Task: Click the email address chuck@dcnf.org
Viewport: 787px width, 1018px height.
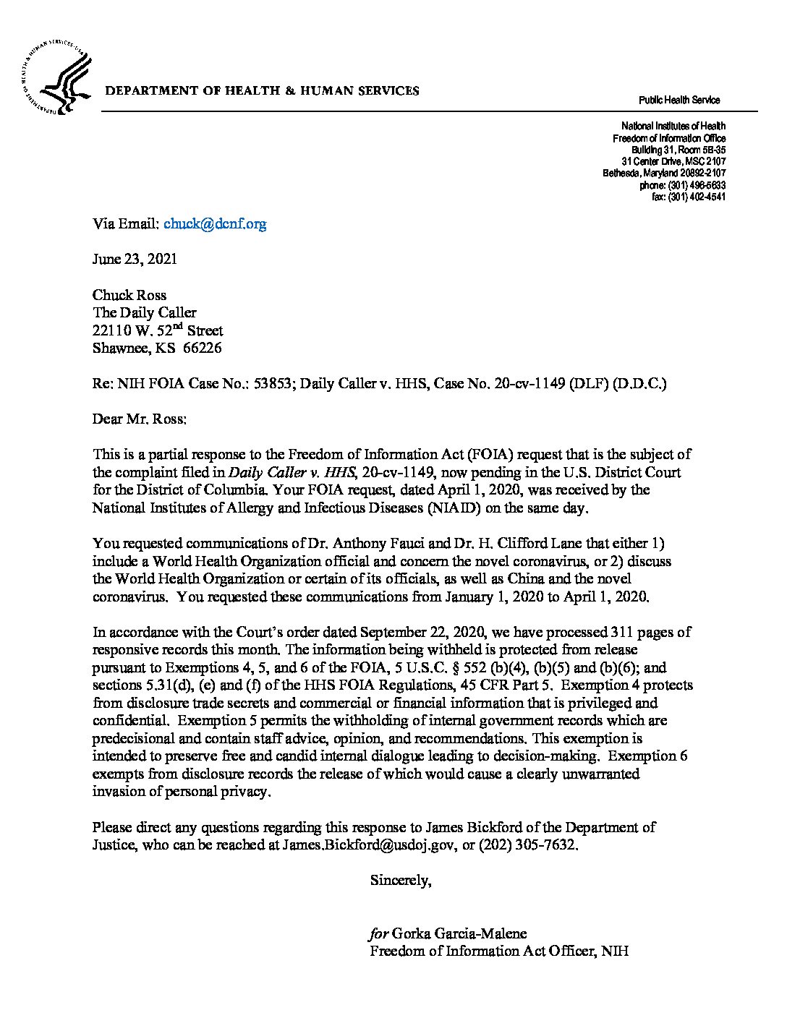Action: point(215,224)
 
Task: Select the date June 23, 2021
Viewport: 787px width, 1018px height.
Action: point(135,260)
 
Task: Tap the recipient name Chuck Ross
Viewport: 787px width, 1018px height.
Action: point(129,295)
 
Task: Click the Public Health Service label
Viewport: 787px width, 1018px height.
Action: point(678,100)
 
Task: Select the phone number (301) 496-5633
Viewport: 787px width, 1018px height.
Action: point(697,186)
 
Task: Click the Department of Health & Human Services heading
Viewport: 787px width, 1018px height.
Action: point(263,91)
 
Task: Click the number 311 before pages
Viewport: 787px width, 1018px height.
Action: point(623,632)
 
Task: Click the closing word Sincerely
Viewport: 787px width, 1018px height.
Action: point(401,881)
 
